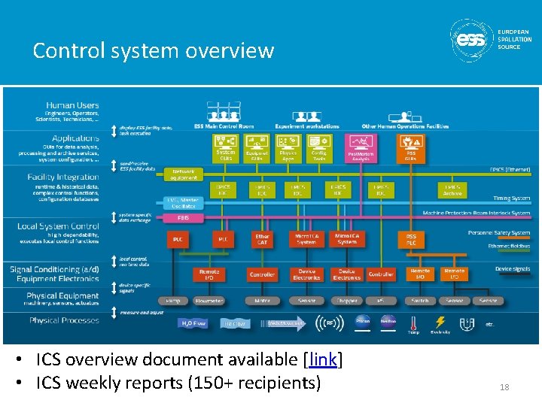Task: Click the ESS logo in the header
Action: tap(472, 39)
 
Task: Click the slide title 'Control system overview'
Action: tap(153, 50)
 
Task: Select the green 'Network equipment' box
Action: tap(184, 174)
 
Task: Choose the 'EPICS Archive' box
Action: tap(453, 190)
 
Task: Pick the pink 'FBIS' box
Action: tap(183, 217)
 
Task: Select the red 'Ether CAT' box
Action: tap(261, 239)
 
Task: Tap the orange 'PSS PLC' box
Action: tap(411, 239)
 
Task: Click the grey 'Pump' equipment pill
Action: tap(173, 301)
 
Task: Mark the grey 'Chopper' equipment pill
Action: tap(347, 301)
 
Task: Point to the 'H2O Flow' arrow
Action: tap(193, 323)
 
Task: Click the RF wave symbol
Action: tap(328, 323)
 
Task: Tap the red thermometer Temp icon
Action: tap(413, 324)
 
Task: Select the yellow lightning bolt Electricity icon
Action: tap(439, 323)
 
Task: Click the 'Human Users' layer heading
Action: tap(72, 105)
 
